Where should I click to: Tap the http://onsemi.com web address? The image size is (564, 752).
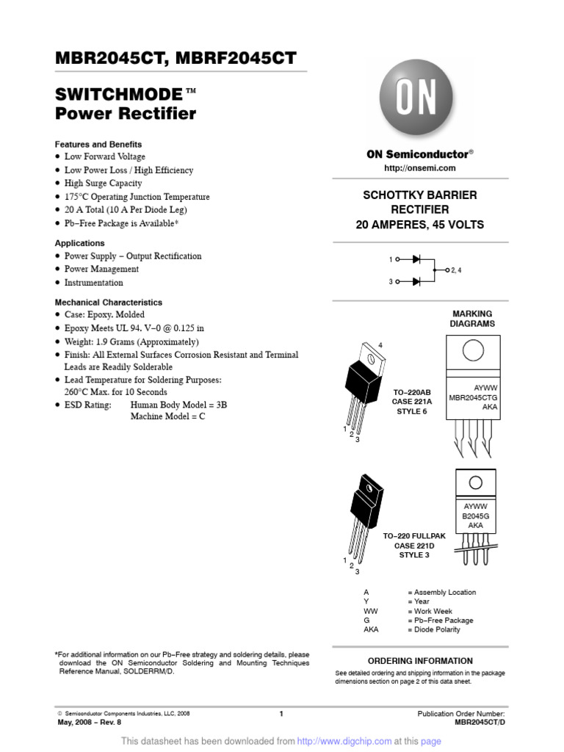tap(420, 168)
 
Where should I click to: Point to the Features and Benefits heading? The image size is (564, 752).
tap(98, 145)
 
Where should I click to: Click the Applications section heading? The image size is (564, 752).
tap(80, 243)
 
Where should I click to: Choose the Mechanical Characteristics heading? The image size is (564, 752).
tap(109, 303)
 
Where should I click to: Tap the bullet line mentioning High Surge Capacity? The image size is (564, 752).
tap(104, 184)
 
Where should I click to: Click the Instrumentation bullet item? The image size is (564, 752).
tap(93, 283)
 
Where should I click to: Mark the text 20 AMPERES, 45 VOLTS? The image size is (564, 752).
tap(420, 225)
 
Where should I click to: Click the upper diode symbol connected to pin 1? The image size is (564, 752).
tap(416, 259)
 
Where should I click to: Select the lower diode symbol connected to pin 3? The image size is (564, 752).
tap(416, 281)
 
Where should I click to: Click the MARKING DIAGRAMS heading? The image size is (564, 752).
tap(472, 319)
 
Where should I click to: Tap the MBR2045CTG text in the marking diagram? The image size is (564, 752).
tap(473, 397)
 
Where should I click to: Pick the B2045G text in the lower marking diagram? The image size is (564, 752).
tap(475, 516)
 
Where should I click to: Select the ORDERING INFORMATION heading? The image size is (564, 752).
tap(420, 661)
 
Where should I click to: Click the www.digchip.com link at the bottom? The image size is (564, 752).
tap(355, 742)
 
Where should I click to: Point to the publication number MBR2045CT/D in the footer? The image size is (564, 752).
tap(480, 723)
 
